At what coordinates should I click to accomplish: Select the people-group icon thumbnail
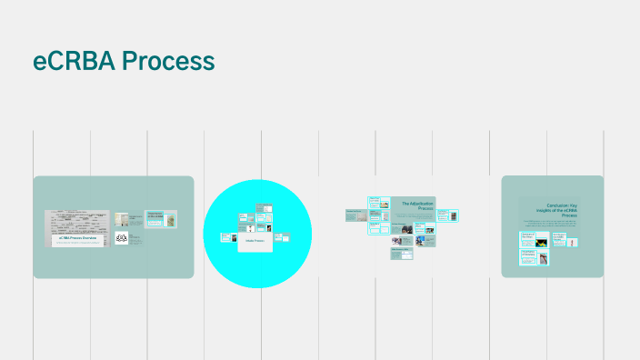pyautogui.click(x=122, y=237)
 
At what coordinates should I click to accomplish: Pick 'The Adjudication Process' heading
pyautogui.click(x=418, y=206)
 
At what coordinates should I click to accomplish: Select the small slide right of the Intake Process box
pyautogui.click(x=285, y=238)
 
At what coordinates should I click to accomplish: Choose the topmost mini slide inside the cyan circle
pyautogui.click(x=263, y=208)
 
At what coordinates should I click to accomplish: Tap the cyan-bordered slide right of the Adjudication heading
pyautogui.click(x=445, y=215)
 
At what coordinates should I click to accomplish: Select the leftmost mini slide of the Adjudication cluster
pyautogui.click(x=355, y=215)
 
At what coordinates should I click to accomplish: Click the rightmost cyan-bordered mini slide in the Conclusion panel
pyautogui.click(x=560, y=240)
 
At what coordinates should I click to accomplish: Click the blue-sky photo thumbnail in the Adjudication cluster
pyautogui.click(x=425, y=241)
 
